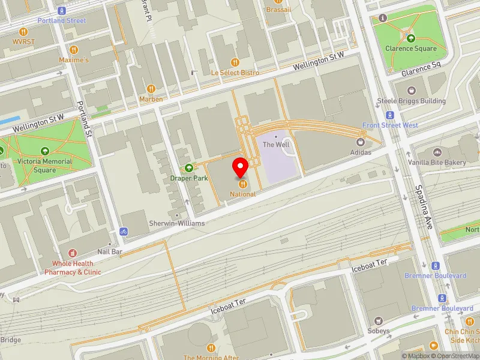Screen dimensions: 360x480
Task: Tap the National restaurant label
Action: tap(242, 194)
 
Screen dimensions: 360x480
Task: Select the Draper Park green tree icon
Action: tap(190, 168)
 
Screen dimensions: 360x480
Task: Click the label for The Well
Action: tap(277, 145)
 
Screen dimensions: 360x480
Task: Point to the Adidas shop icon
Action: tap(361, 142)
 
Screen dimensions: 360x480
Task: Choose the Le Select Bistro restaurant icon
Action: tap(235, 62)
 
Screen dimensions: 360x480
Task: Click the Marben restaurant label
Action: tap(151, 99)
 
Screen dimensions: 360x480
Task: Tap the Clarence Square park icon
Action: tap(411, 38)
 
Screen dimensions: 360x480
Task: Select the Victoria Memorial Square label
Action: tap(44, 166)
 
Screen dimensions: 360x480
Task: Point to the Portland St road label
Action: tap(83, 119)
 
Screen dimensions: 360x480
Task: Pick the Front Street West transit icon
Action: tap(390, 115)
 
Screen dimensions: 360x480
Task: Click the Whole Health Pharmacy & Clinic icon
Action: tap(73, 254)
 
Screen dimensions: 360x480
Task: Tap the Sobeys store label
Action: tap(378, 331)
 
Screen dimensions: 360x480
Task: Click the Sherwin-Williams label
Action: tap(177, 223)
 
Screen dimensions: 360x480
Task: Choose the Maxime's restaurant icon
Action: tap(74, 50)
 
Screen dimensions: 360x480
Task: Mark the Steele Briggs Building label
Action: tap(411, 101)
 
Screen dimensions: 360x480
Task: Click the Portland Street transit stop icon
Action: tap(61, 11)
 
